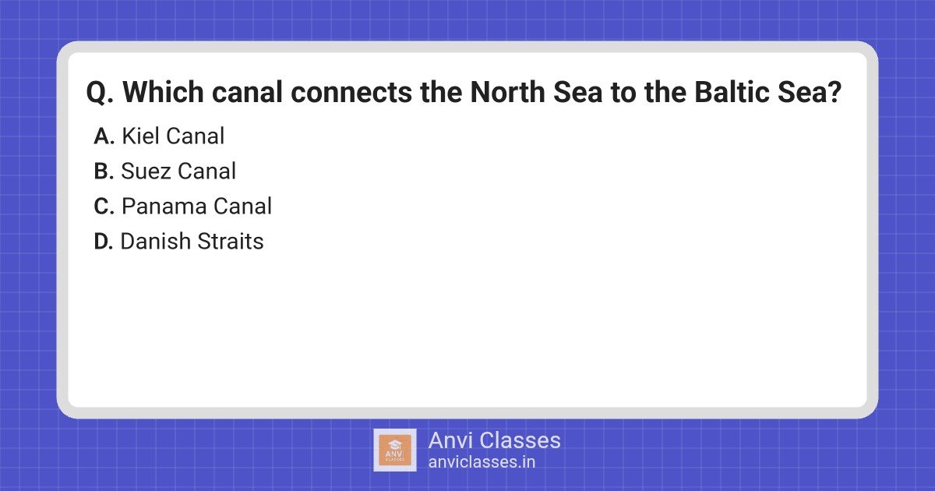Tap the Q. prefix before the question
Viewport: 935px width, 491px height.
coord(101,94)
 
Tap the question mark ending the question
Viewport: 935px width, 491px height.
coord(834,93)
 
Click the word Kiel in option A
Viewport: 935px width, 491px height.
coord(139,136)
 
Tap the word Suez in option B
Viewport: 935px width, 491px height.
coord(145,171)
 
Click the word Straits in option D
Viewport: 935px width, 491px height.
coord(230,242)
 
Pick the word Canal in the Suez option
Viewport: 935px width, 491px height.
coord(206,171)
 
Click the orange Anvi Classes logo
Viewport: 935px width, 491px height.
coord(395,450)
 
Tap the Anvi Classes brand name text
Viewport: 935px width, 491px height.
coord(494,440)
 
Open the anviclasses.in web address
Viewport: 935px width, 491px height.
coord(482,461)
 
